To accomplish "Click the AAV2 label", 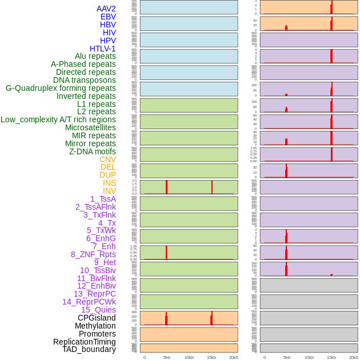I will coord(106,9).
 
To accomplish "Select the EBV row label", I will coord(108,17).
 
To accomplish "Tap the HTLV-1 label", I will coord(102,49).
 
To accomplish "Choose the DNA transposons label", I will coord(85,80).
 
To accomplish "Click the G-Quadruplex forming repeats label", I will coord(61,88).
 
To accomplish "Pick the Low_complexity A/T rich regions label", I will coord(58,119).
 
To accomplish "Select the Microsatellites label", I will coord(90,127).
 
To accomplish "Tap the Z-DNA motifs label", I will coord(93,151).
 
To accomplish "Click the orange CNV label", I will coord(107,159).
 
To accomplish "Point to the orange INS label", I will coord(109,183).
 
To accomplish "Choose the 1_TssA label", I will coord(103,199).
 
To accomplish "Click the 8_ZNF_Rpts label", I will coord(93,254).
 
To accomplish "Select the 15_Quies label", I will coord(98,310).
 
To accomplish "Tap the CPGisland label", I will coord(97,318).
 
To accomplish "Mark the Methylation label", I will coord(95,326).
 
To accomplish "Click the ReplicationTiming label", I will coord(85,342).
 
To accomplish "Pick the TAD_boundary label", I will coord(89,349).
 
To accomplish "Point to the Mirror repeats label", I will coord(90,143).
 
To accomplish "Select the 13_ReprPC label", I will coord(94,294).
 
